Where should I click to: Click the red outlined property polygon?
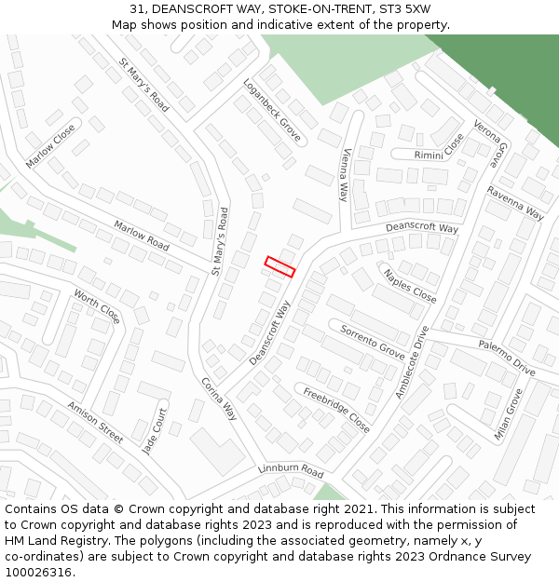tap(279, 266)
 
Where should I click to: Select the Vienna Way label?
tap(345, 174)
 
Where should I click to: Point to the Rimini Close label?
tap(439, 148)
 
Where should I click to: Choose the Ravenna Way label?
tap(514, 202)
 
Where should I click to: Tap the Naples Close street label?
tap(410, 285)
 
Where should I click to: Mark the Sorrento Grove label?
tap(373, 342)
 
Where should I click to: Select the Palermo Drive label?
tap(507, 358)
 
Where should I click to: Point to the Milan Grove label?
tap(514, 414)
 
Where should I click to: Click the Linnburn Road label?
tap(291, 471)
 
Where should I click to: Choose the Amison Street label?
tap(94, 422)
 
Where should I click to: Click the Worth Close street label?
tap(97, 306)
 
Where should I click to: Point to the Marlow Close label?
tap(50, 147)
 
